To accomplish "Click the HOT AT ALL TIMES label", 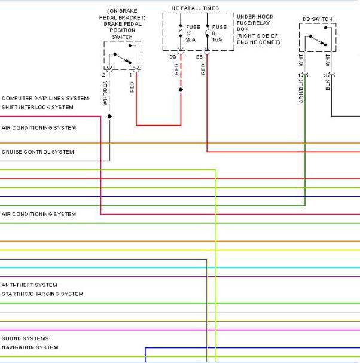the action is [195, 8].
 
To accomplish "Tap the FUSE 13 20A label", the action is [193, 33].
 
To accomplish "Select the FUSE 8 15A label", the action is [219, 33].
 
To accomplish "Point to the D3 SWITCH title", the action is [318, 19].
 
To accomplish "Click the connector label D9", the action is [173, 57].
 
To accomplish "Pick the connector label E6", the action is [199, 57].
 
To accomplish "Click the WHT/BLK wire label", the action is [105, 93].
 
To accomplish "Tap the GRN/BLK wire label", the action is [301, 91].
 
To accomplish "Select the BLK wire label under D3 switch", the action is [327, 85].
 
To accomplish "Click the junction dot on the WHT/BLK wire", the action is [109, 117].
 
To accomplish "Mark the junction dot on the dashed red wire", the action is [181, 90].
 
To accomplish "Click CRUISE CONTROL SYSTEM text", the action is [38, 152].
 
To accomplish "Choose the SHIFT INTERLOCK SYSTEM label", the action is [38, 108].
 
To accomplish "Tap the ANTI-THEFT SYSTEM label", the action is [29, 285].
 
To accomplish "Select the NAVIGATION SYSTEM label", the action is [30, 347].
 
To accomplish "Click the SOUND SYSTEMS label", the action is [25, 338].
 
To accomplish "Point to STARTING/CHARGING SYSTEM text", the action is [42, 294].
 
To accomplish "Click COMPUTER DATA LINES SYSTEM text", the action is [45, 99].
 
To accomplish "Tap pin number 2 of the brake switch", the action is [103, 75].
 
